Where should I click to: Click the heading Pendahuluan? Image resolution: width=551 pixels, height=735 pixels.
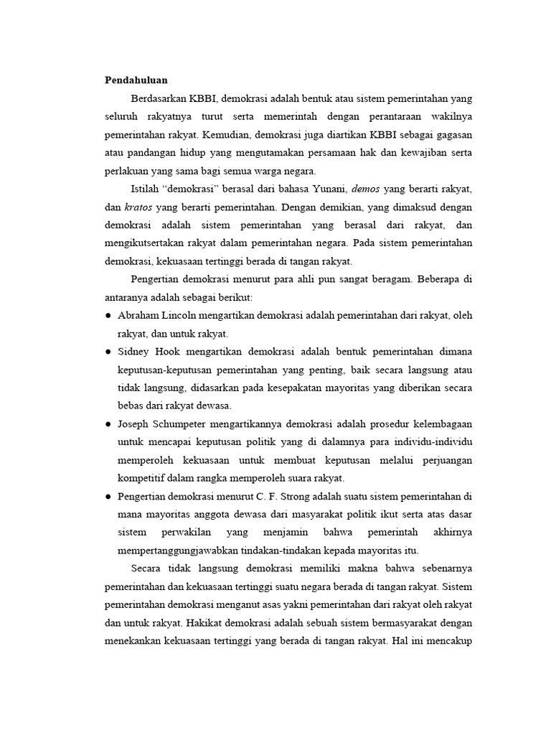click(136, 79)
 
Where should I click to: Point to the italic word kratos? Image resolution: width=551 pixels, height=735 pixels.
click(138, 207)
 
